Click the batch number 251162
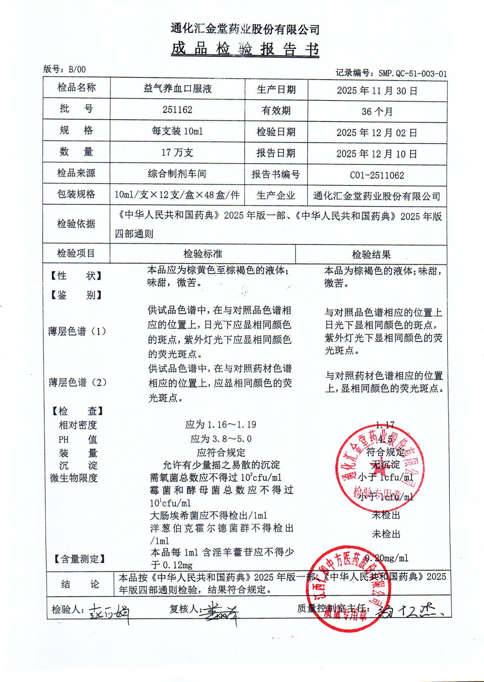click(177, 110)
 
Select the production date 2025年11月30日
click(377, 91)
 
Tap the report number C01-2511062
click(377, 175)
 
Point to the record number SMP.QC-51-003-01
click(413, 73)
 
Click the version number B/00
click(77, 69)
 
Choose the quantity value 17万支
click(177, 153)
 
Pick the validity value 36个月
click(377, 111)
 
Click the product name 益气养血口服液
click(177, 89)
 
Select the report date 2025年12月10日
click(377, 154)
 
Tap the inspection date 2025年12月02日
click(377, 133)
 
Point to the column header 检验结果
click(371, 254)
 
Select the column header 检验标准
click(203, 254)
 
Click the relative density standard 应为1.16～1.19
click(221, 425)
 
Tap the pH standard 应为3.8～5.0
click(221, 439)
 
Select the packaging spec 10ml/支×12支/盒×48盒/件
click(177, 195)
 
